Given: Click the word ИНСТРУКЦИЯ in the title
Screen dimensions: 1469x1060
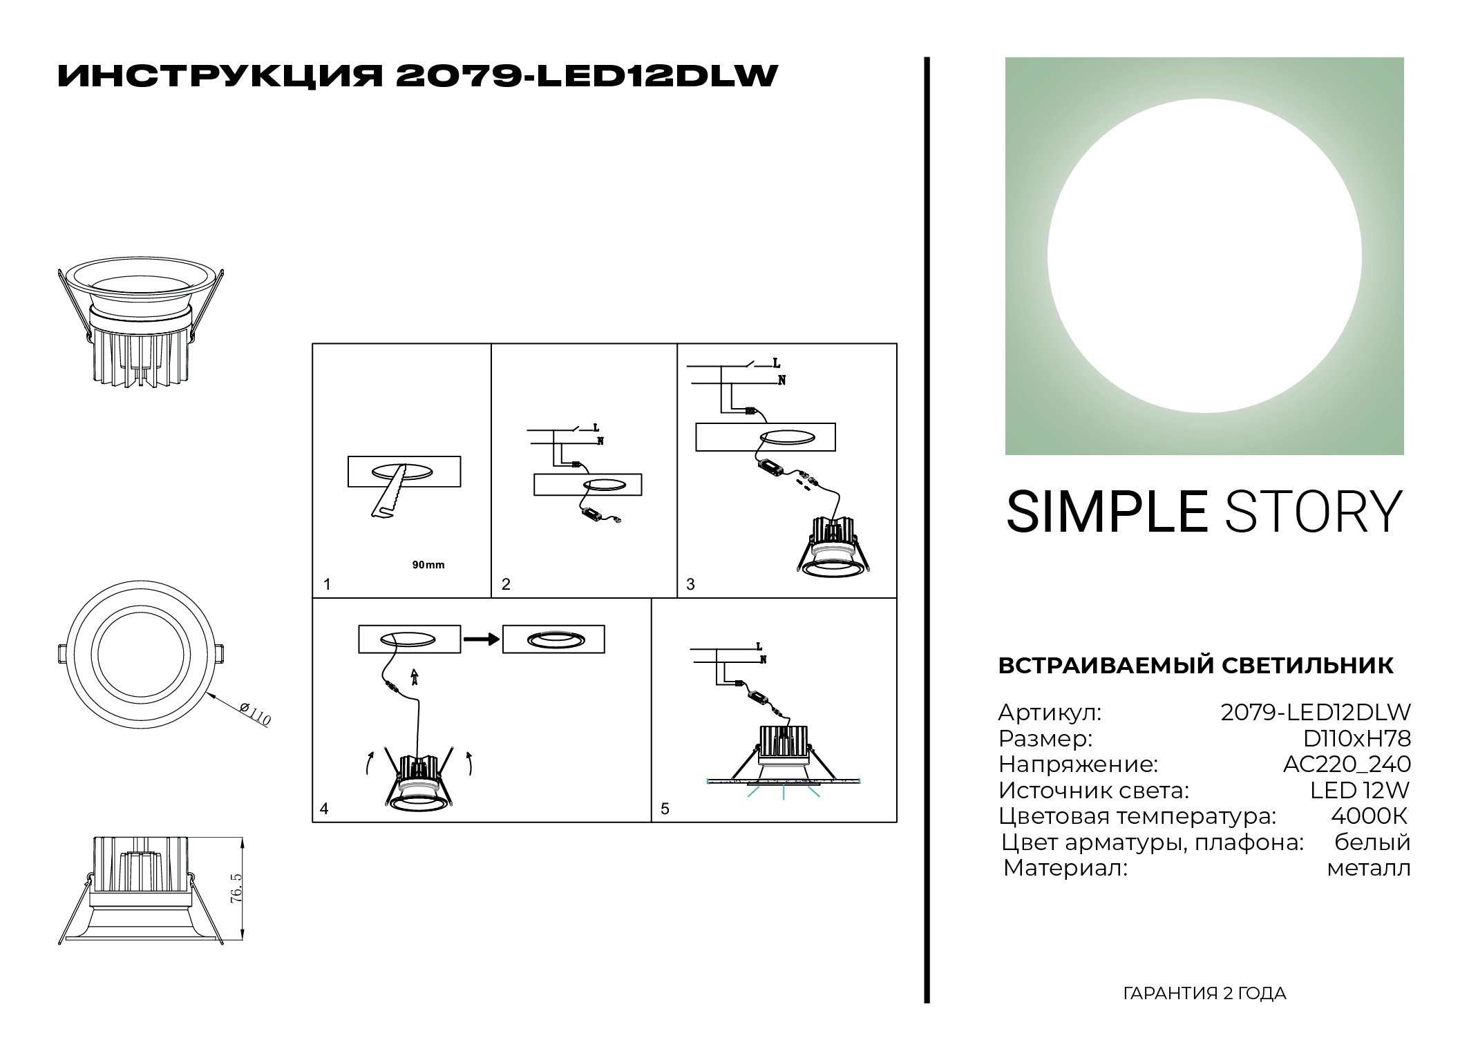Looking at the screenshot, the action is tap(220, 76).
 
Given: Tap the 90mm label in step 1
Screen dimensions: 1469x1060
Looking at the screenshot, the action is tap(428, 565).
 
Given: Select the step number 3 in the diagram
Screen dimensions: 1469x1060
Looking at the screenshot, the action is tap(690, 584).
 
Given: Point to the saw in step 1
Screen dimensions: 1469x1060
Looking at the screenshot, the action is tap(388, 491).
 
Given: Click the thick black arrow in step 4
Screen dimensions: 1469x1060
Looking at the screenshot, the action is tap(482, 639).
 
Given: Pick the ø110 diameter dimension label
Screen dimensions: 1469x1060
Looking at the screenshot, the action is tap(255, 713).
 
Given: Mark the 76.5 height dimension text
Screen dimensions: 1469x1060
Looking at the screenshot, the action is tap(236, 888).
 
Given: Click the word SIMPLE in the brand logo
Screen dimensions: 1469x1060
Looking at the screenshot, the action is tap(1106, 512).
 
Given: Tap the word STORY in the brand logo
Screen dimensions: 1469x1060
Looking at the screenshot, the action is tap(1314, 512).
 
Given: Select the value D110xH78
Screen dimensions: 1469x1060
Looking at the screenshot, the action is tap(1356, 738).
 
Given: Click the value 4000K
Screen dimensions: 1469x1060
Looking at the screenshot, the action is tap(1369, 816).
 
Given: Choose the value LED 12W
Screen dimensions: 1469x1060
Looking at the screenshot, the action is tap(1359, 790).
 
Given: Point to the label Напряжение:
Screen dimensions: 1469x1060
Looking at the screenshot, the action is tap(1078, 764).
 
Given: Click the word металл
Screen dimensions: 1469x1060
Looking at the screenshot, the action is tap(1368, 868).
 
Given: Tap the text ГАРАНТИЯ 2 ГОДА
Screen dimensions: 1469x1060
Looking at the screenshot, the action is tap(1204, 993).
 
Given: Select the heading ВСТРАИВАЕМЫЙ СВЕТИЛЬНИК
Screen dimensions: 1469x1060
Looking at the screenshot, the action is tap(1195, 665).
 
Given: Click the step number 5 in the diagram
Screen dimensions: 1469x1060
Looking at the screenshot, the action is tap(665, 809).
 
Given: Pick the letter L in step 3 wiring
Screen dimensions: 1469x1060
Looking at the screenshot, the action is tap(776, 363).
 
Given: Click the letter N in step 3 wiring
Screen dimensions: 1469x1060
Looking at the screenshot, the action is tap(781, 380).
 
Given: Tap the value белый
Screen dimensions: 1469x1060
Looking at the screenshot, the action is tap(1372, 842).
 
